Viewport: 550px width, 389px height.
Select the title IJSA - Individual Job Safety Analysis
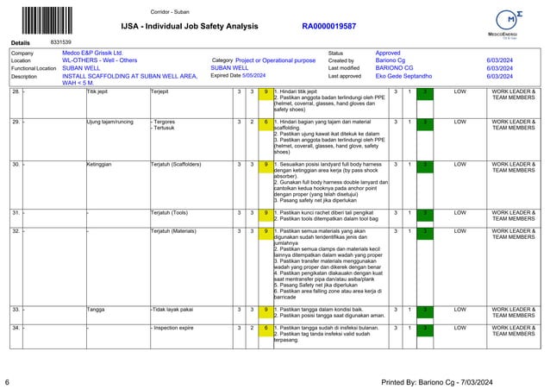(188, 27)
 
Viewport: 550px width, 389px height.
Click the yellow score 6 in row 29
(266, 122)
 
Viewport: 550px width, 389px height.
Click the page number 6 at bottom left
(7, 380)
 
